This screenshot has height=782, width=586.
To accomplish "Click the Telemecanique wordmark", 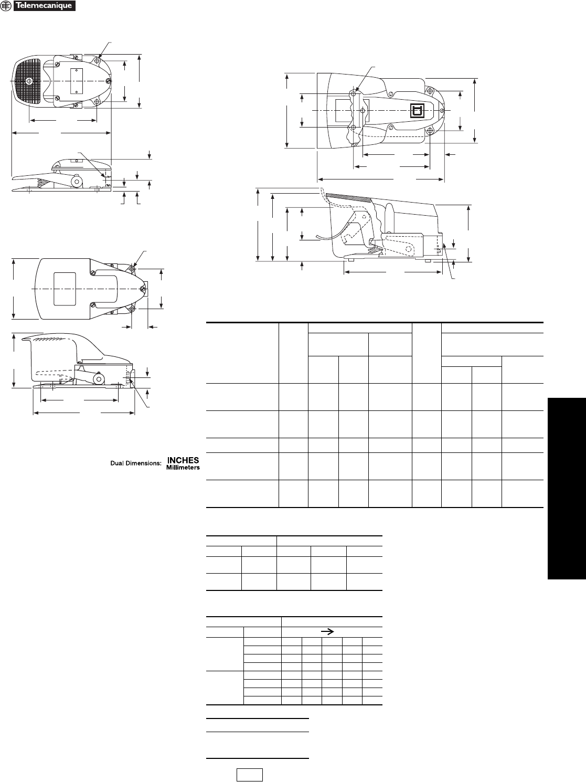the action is coord(45,6).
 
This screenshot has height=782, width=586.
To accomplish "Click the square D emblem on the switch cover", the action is coord(418,111).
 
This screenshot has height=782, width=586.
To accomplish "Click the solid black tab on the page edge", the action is coord(567,489).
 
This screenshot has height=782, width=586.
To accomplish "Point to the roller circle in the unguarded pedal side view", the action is coord(77,181).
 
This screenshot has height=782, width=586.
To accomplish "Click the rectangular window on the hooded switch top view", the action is coord(65,289).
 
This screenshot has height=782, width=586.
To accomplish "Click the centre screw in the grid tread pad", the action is coord(29,81).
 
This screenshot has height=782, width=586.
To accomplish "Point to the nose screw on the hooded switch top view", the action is coord(142,289).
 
